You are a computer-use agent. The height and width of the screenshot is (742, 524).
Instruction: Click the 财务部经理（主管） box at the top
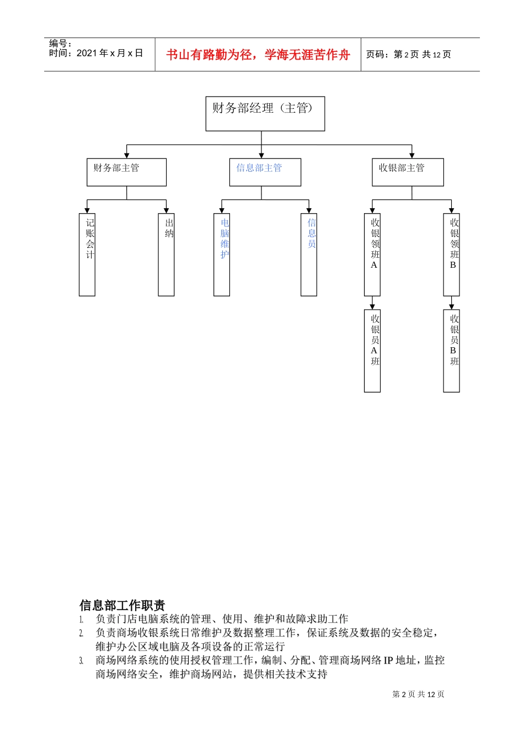(265, 114)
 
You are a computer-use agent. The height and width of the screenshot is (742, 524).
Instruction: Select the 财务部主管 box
(126, 172)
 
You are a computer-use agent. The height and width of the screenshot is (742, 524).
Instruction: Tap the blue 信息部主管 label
(259, 168)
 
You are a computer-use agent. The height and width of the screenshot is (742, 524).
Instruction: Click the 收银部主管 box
(408, 172)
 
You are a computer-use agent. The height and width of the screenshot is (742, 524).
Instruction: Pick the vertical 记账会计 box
(87, 255)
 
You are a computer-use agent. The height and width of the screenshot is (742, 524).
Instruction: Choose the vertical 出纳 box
(166, 255)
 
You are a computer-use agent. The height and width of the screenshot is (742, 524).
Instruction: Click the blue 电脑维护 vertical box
(222, 255)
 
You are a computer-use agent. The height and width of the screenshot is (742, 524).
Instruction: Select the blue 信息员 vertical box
(309, 255)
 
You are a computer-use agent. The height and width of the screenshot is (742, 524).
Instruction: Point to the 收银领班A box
(372, 255)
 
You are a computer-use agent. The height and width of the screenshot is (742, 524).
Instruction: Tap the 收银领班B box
(451, 255)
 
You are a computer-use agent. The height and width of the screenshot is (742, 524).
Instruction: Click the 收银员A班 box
(372, 351)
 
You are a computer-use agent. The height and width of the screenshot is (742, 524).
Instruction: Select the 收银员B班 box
(451, 351)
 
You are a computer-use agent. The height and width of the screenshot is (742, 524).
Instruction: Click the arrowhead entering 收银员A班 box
(372, 306)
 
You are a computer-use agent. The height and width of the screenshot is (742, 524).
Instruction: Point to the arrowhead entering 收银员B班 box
(451, 306)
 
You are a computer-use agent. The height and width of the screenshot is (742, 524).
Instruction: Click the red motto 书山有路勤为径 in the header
(258, 55)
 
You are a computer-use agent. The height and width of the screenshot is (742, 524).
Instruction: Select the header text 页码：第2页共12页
(408, 55)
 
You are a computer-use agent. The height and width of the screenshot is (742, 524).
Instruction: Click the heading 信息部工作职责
(122, 605)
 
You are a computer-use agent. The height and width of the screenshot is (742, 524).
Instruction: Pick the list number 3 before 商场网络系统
(81, 661)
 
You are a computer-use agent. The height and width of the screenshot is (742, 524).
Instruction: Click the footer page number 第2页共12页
(418, 695)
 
